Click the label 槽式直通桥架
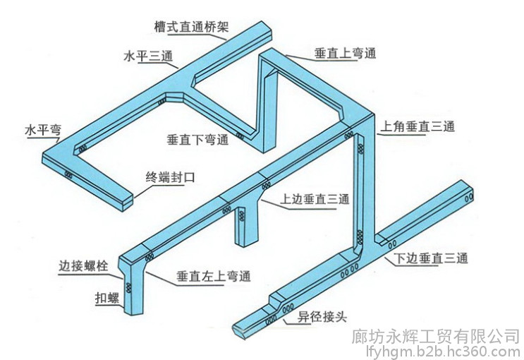coord(192,27)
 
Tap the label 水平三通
coord(148,56)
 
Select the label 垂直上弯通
coord(345,54)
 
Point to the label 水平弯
coord(43,130)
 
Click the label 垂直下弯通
coord(198,139)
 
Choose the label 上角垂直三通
coord(418,127)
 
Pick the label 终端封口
coord(170,177)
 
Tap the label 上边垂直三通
coord(315,199)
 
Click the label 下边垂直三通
coord(431,258)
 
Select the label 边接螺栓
coord(83,266)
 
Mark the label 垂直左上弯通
coord(214,277)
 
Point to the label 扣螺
coord(107,297)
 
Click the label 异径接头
coord(322,316)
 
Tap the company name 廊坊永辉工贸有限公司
coord(435,336)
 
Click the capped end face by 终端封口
coord(128,203)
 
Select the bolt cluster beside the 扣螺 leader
coord(128,288)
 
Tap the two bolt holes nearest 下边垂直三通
coord(392,244)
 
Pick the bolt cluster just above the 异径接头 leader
coord(288,308)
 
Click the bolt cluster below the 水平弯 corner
coord(68,174)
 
